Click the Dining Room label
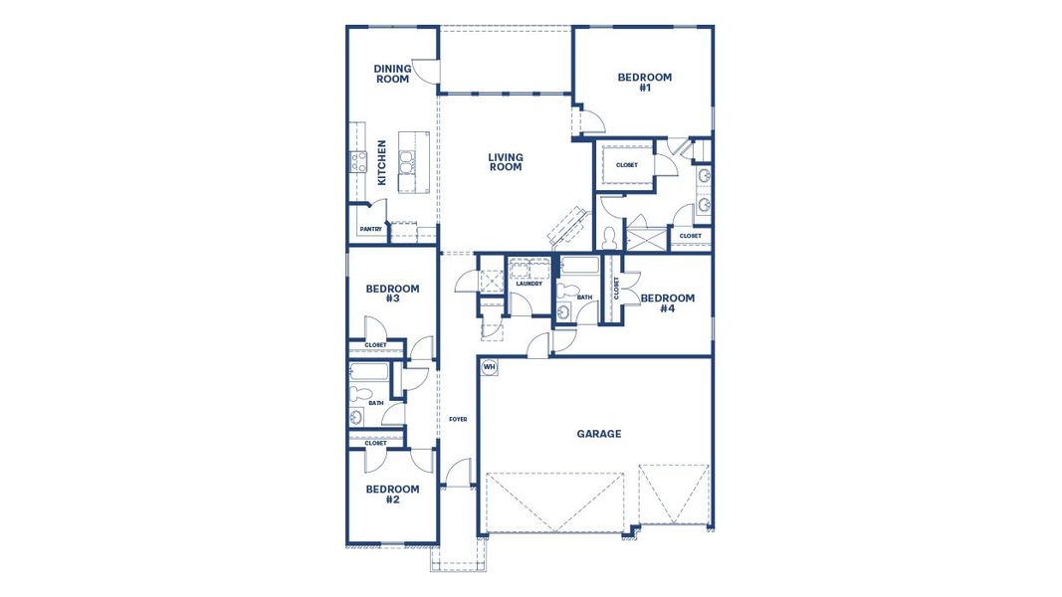[392, 75]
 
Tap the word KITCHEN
[382, 162]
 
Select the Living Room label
[506, 162]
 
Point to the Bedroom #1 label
[644, 83]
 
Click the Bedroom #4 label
[667, 303]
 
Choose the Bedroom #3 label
[391, 294]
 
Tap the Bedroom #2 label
[391, 495]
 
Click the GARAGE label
[599, 434]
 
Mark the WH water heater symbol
[489, 367]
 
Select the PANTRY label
[370, 230]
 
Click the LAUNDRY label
[529, 284]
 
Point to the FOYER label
[458, 420]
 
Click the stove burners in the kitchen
[357, 162]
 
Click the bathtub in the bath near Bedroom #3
[371, 376]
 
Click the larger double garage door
[554, 502]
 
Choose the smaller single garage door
[675, 495]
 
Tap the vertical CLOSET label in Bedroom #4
[616, 290]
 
